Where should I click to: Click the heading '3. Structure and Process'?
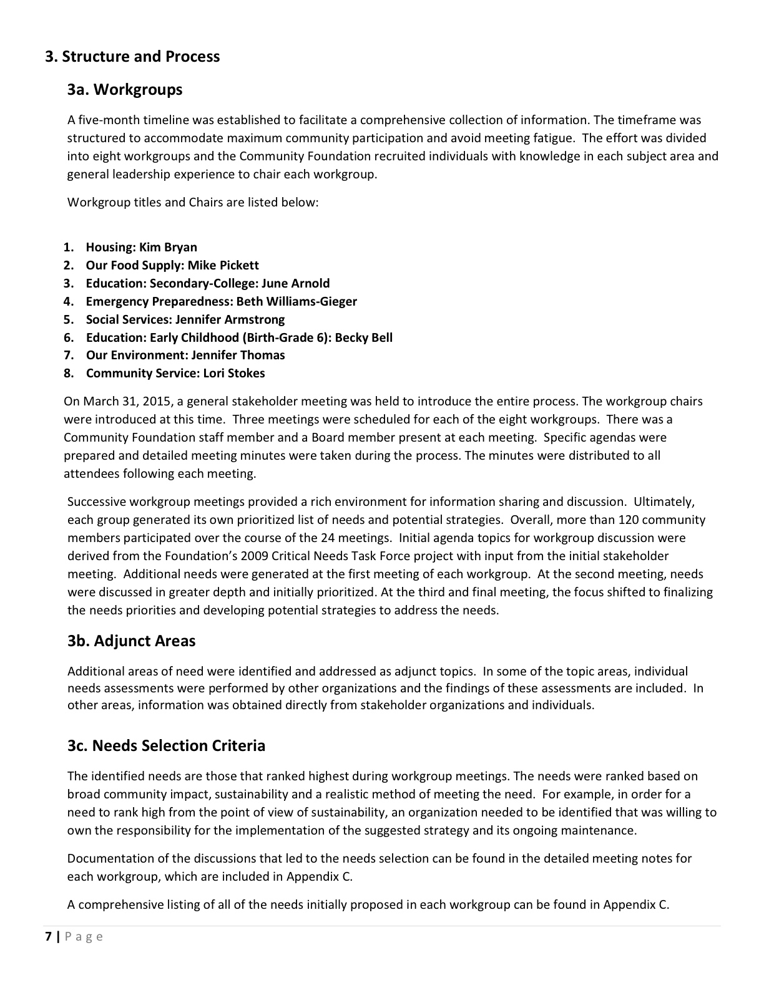tap(132, 56)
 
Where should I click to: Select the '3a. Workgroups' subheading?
tap(125, 89)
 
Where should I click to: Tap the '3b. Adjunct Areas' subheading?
tap(131, 641)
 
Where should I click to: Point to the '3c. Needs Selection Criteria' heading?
tap(166, 745)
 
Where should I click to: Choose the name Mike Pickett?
tap(223, 265)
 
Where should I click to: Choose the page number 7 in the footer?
tap(49, 936)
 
